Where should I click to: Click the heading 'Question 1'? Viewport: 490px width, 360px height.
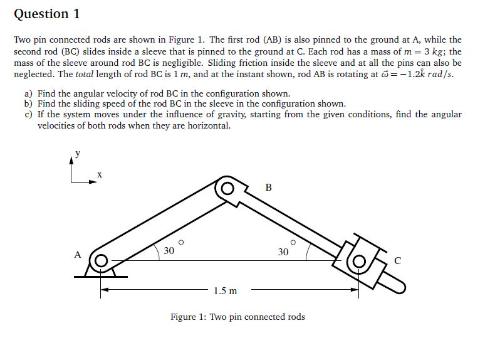pos(47,14)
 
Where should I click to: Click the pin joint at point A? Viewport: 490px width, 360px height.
pos(101,259)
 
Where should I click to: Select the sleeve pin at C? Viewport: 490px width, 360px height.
pos(358,260)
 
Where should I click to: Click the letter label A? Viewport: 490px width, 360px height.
pos(78,255)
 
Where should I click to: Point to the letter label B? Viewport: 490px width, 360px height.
pos(269,187)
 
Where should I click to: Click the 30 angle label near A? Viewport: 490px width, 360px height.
pos(169,251)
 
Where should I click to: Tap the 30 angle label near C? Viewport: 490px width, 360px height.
pos(283,251)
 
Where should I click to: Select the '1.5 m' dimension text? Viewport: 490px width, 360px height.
pos(225,291)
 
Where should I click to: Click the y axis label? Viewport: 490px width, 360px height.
pos(78,152)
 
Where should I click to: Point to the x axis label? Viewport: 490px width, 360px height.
pos(99,174)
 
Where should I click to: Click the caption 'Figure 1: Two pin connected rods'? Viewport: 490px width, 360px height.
pos(237,317)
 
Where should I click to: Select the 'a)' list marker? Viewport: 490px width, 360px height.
pos(28,93)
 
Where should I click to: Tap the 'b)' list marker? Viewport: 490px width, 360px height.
pos(28,104)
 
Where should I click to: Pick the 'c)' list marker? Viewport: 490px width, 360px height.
pos(28,115)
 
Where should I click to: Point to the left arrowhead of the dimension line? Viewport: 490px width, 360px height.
pos(105,290)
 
